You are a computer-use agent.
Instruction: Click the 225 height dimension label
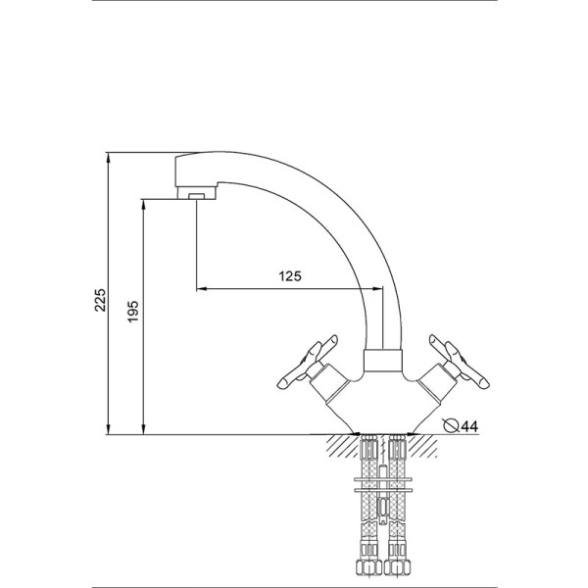pyautogui.click(x=101, y=300)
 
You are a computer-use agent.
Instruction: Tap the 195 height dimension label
pyautogui.click(x=133, y=312)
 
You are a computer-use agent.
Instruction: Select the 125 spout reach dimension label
pyautogui.click(x=290, y=276)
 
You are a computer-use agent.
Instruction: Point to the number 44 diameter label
pyautogui.click(x=469, y=426)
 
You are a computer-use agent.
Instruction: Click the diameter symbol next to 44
pyautogui.click(x=451, y=425)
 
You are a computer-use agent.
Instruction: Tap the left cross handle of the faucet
pyautogui.click(x=308, y=362)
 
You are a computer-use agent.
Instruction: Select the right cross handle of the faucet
pyautogui.click(x=459, y=362)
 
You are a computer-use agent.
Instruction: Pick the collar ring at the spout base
pyautogui.click(x=383, y=361)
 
